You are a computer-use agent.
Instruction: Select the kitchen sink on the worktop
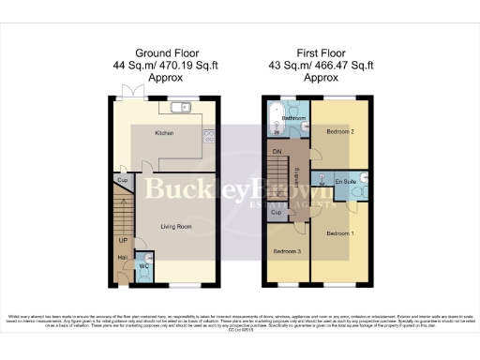tap(182, 106)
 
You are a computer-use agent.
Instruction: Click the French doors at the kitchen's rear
tap(127, 92)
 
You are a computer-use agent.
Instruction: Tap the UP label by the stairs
tap(123, 241)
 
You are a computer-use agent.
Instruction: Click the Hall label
tap(123, 258)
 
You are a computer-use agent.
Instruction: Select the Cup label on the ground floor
tap(123, 179)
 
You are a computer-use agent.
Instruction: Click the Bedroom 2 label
tap(338, 132)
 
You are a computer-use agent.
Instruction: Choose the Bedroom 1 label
tap(338, 232)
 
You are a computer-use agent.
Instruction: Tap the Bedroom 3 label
tap(285, 252)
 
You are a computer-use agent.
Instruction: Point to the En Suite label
tap(344, 180)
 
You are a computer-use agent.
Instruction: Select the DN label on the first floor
tap(277, 151)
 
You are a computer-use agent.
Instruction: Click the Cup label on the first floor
tap(277, 213)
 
